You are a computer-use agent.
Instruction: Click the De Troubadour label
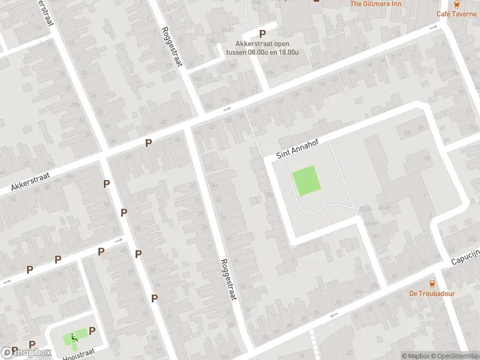point(432,293)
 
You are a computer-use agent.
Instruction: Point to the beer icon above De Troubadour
point(432,283)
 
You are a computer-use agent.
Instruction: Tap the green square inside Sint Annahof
point(306,181)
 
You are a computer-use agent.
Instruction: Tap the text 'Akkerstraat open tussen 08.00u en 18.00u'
point(262,47)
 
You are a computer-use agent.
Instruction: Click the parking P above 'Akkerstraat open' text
point(262,34)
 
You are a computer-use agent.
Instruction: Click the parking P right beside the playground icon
point(92,331)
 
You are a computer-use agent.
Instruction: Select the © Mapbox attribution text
point(416,356)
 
